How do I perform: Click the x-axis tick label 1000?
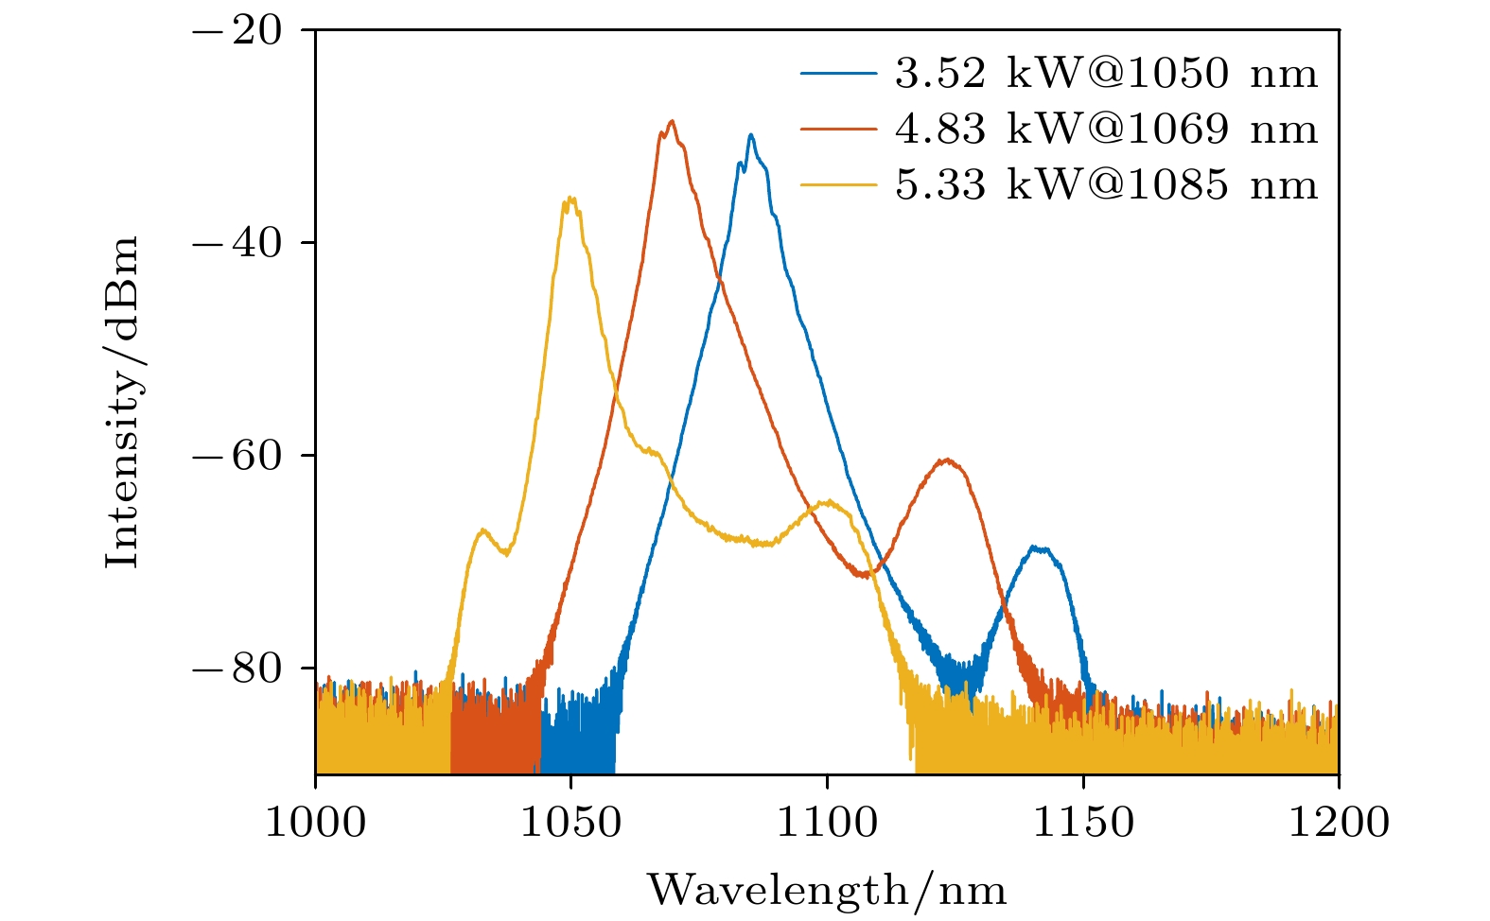pos(314,822)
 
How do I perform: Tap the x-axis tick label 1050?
pos(570,822)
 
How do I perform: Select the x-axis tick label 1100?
pos(827,822)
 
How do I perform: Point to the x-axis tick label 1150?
pos(1083,822)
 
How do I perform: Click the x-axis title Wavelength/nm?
pos(827,890)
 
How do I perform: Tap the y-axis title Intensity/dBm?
pos(122,402)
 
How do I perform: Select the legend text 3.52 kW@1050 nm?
pos(1106,73)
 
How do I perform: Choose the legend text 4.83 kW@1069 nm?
pos(1106,129)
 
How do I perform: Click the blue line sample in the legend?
pos(838,74)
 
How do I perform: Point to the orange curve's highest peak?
pos(672,121)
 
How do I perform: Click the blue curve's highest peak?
pos(750,135)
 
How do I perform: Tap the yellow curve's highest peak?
pos(570,198)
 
